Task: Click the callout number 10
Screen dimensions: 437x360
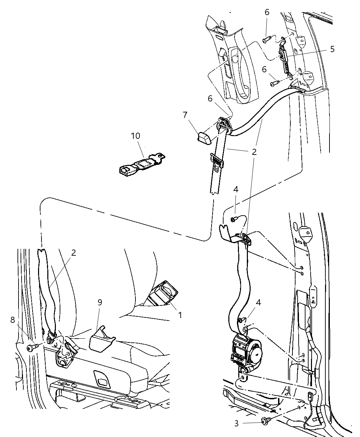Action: click(135, 136)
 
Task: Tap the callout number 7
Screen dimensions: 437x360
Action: click(185, 114)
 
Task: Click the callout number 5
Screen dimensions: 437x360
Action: click(332, 49)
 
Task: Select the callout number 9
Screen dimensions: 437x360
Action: click(100, 302)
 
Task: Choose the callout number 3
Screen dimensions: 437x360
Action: click(237, 423)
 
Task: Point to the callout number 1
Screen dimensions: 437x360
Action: click(180, 314)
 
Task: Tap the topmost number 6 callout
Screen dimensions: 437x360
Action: click(267, 12)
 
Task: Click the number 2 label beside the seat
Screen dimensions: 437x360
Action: click(74, 253)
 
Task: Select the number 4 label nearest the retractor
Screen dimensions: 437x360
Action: click(258, 302)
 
